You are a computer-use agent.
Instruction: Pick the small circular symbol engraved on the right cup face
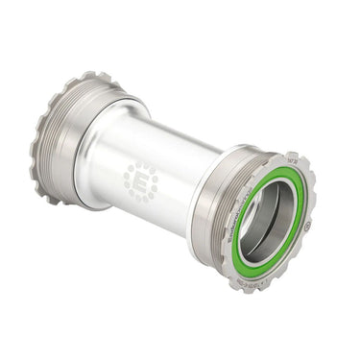click(305, 228)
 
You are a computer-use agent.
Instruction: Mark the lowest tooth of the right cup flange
click(252, 287)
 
